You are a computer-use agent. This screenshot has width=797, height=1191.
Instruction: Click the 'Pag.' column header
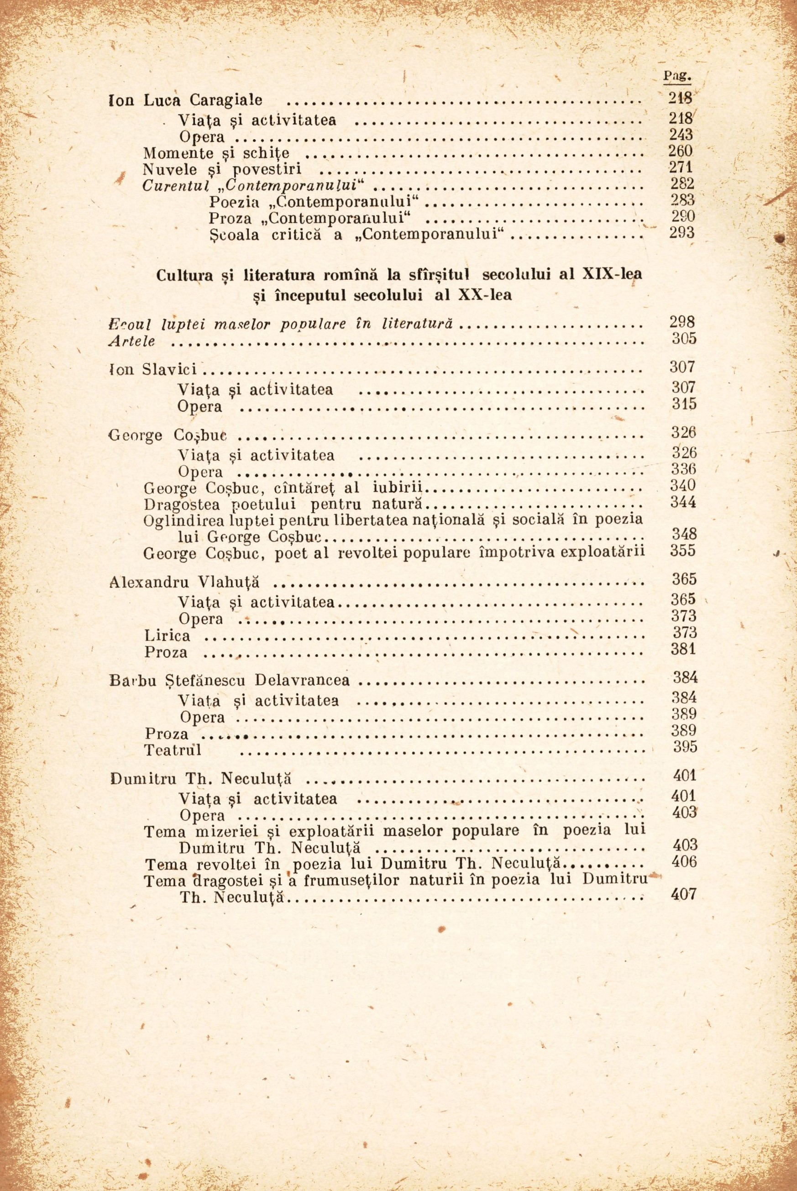point(677,76)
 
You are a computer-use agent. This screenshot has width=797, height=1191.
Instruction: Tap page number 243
point(681,134)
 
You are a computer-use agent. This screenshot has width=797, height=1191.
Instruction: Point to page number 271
point(681,167)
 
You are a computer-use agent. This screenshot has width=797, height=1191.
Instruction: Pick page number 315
point(684,404)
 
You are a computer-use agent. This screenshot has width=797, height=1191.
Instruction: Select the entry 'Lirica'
point(167,635)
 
